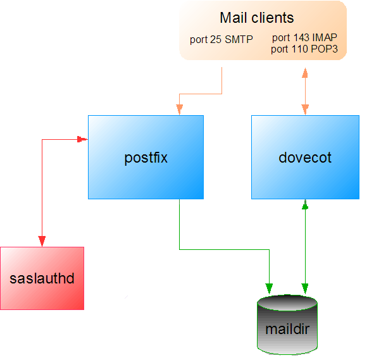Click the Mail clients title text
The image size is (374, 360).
click(257, 18)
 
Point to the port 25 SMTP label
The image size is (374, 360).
click(221, 39)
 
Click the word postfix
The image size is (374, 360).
click(146, 158)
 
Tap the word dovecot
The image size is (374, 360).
click(305, 158)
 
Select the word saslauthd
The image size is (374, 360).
click(42, 278)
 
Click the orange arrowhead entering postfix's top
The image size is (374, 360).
click(180, 109)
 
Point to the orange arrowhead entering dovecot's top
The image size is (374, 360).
click(306, 109)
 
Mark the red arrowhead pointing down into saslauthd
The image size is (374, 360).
click(42, 241)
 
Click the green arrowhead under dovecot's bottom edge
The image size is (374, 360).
click(306, 205)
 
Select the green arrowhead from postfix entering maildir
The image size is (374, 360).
click(270, 289)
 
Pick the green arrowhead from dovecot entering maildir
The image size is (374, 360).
click(306, 289)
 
